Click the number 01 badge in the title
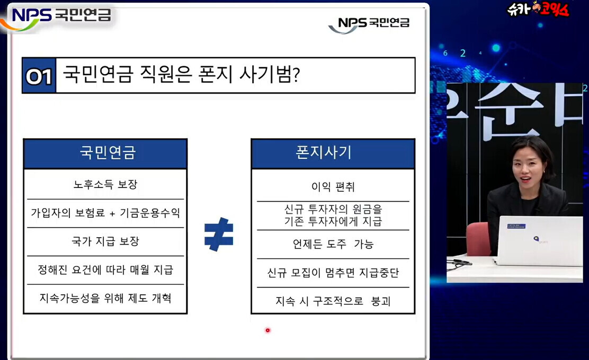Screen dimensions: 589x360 click(x=39, y=76)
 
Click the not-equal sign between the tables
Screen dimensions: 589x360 click(x=219, y=234)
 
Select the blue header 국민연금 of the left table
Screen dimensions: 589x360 click(x=105, y=153)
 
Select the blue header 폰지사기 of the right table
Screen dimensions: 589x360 click(x=333, y=153)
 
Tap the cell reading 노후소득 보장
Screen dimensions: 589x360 click(x=105, y=184)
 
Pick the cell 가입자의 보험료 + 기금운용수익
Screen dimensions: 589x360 click(x=105, y=213)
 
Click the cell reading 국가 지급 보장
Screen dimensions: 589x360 click(x=105, y=241)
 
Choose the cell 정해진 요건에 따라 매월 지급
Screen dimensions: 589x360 click(x=105, y=270)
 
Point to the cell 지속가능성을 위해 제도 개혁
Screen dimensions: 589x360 click(x=105, y=299)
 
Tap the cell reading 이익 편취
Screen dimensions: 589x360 click(x=333, y=186)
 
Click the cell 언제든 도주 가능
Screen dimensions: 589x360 click(x=333, y=245)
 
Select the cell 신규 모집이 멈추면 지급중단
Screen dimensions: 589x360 click(x=333, y=273)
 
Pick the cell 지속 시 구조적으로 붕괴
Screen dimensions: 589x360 click(x=333, y=301)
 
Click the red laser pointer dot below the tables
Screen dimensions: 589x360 click(x=267, y=330)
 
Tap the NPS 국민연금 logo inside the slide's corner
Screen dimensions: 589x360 click(x=369, y=24)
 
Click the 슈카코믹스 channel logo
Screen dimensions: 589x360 click(x=538, y=9)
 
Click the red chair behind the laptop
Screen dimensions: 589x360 click(x=479, y=239)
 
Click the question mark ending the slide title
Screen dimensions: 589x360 click(x=296, y=75)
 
